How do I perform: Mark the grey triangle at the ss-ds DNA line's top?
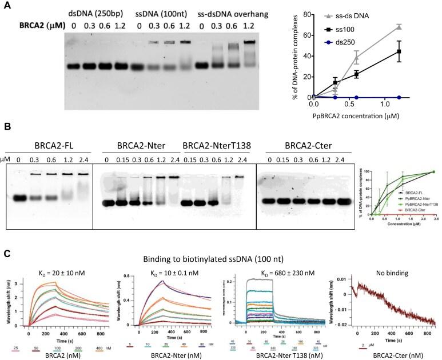coord(399,26)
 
